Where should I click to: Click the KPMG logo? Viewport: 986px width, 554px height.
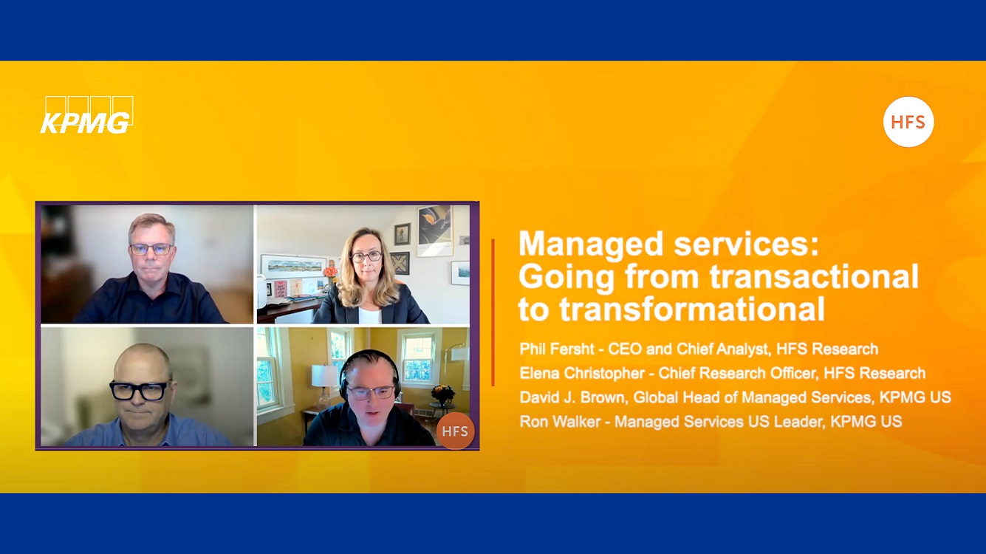pos(86,115)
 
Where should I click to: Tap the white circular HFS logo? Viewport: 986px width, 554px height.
pos(908,122)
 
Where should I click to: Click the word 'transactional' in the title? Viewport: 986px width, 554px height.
pos(815,276)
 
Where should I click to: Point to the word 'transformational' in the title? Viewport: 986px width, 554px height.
pos(692,309)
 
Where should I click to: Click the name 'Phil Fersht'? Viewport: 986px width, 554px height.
pos(557,349)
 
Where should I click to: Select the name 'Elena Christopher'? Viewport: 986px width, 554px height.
pos(582,374)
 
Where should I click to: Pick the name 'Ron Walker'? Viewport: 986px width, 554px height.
pos(560,422)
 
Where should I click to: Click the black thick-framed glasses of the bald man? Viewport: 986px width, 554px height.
pos(139,390)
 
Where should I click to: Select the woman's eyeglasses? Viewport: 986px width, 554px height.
pos(366,256)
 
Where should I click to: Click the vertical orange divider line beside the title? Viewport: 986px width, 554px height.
pos(493,312)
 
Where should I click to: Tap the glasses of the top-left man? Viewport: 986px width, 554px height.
pos(151,249)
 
